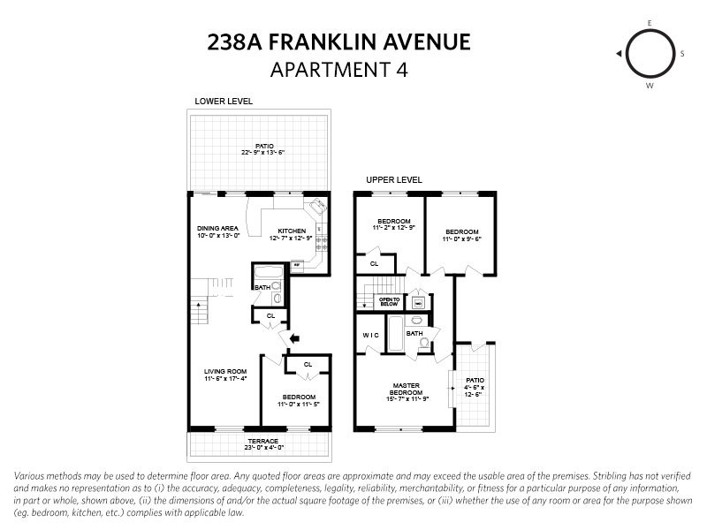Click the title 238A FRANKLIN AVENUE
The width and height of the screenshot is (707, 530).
tap(338, 42)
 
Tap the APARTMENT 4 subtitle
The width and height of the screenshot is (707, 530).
tap(338, 69)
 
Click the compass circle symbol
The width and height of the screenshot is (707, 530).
tap(649, 54)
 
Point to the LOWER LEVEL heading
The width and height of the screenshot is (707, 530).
tap(224, 102)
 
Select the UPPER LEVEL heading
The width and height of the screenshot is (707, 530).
tap(393, 180)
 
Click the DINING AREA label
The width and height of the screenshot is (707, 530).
tap(217, 228)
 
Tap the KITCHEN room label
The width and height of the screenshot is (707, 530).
tap(291, 231)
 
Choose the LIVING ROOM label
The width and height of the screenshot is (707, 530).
tap(224, 371)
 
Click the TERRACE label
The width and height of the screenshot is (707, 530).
tap(262, 441)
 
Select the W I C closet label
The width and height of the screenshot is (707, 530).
tap(371, 335)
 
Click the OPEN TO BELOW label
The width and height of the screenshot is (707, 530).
tap(391, 300)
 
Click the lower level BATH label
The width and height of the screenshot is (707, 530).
tap(262, 287)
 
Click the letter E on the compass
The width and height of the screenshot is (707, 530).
tap(650, 22)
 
